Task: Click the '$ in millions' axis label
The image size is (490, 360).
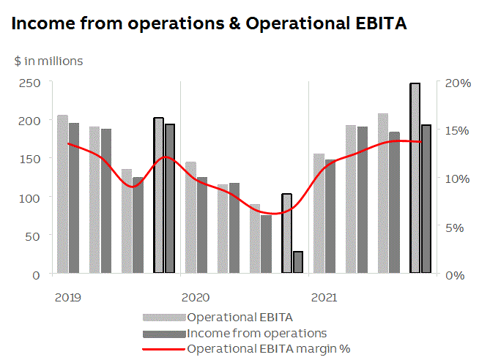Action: pos(48,61)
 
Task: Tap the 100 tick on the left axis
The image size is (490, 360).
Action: pos(30,198)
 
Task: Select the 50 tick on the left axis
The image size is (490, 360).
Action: pos(33,236)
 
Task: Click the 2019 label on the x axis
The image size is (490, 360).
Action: pos(67,297)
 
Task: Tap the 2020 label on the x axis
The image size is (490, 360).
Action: pos(196,297)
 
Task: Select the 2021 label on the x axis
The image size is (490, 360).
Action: pos(324,297)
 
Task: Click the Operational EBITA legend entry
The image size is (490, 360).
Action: pos(240,318)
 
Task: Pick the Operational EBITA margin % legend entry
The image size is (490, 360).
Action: pos(268,348)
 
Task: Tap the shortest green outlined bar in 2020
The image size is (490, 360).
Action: pos(298,263)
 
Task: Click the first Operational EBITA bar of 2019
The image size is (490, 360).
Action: pos(62,194)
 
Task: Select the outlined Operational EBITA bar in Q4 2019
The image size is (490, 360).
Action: pos(158,195)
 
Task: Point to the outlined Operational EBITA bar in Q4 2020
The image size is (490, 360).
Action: pos(286,233)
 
